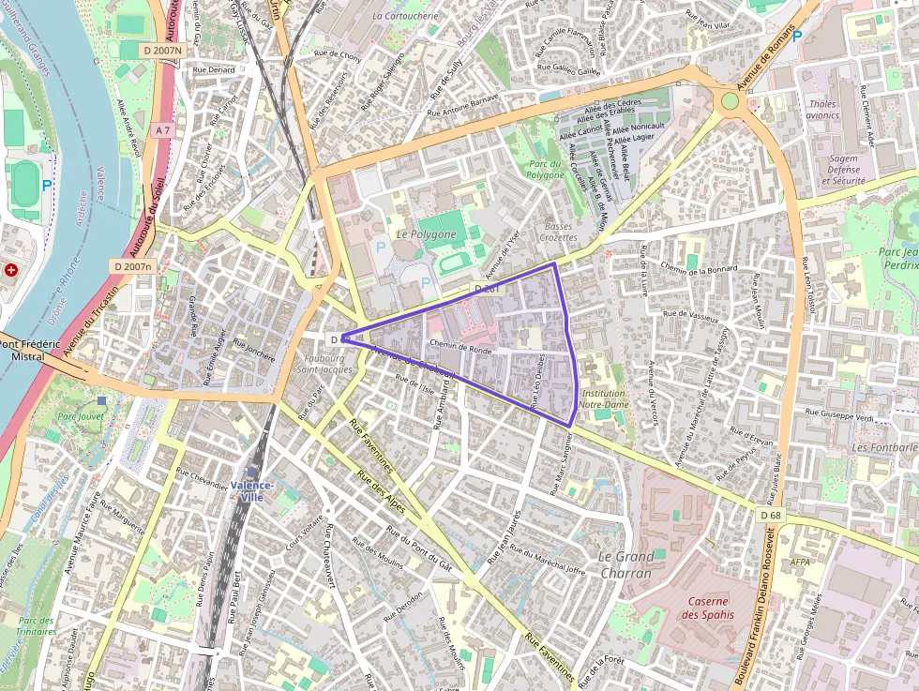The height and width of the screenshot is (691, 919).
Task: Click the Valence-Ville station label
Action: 251,490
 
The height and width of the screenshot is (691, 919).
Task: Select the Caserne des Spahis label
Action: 708,608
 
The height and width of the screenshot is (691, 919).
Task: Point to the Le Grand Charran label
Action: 625,563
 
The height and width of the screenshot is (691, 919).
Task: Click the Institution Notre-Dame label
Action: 603,398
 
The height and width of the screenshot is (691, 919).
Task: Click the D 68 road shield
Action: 771,515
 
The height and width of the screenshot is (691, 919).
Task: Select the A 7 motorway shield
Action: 163,129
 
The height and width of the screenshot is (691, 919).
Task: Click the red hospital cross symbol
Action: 11,269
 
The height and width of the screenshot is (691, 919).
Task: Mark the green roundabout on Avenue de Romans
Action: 730,101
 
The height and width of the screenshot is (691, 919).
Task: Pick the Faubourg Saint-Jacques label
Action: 324,363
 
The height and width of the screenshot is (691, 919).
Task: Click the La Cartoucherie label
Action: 404,16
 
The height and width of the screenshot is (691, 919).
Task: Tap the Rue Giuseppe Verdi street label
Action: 840,413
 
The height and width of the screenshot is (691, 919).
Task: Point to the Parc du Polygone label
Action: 544,169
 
